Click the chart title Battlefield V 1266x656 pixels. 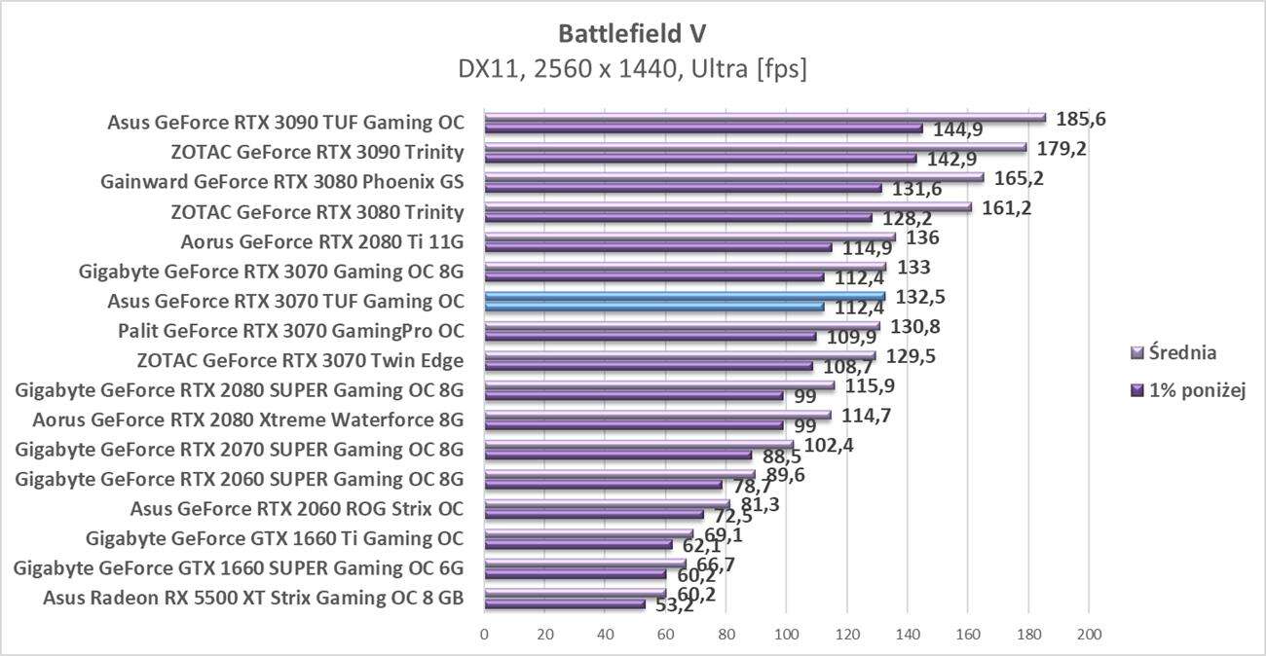click(x=632, y=33)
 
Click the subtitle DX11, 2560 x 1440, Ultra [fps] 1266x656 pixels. click(x=632, y=70)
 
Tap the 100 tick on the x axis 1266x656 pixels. click(x=786, y=635)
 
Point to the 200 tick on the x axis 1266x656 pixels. click(x=1088, y=635)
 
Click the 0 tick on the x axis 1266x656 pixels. click(x=484, y=635)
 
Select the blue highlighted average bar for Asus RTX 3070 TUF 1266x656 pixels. click(x=685, y=296)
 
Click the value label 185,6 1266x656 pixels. click(x=1081, y=119)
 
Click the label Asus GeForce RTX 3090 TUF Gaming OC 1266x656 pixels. click(x=285, y=123)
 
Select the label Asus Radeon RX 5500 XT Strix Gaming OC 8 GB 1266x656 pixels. click(x=253, y=598)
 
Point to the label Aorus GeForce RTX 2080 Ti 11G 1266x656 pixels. click(x=322, y=241)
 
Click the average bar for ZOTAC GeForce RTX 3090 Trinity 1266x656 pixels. click(x=755, y=148)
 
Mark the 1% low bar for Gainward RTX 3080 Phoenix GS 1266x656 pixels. click(x=683, y=188)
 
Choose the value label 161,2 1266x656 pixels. click(x=1007, y=207)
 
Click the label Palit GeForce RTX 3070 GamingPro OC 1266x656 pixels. click(x=290, y=331)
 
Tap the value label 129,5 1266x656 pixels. click(x=910, y=356)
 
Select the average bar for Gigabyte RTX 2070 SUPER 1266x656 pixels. click(x=638, y=445)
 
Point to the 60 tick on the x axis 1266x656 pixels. click(x=665, y=635)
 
